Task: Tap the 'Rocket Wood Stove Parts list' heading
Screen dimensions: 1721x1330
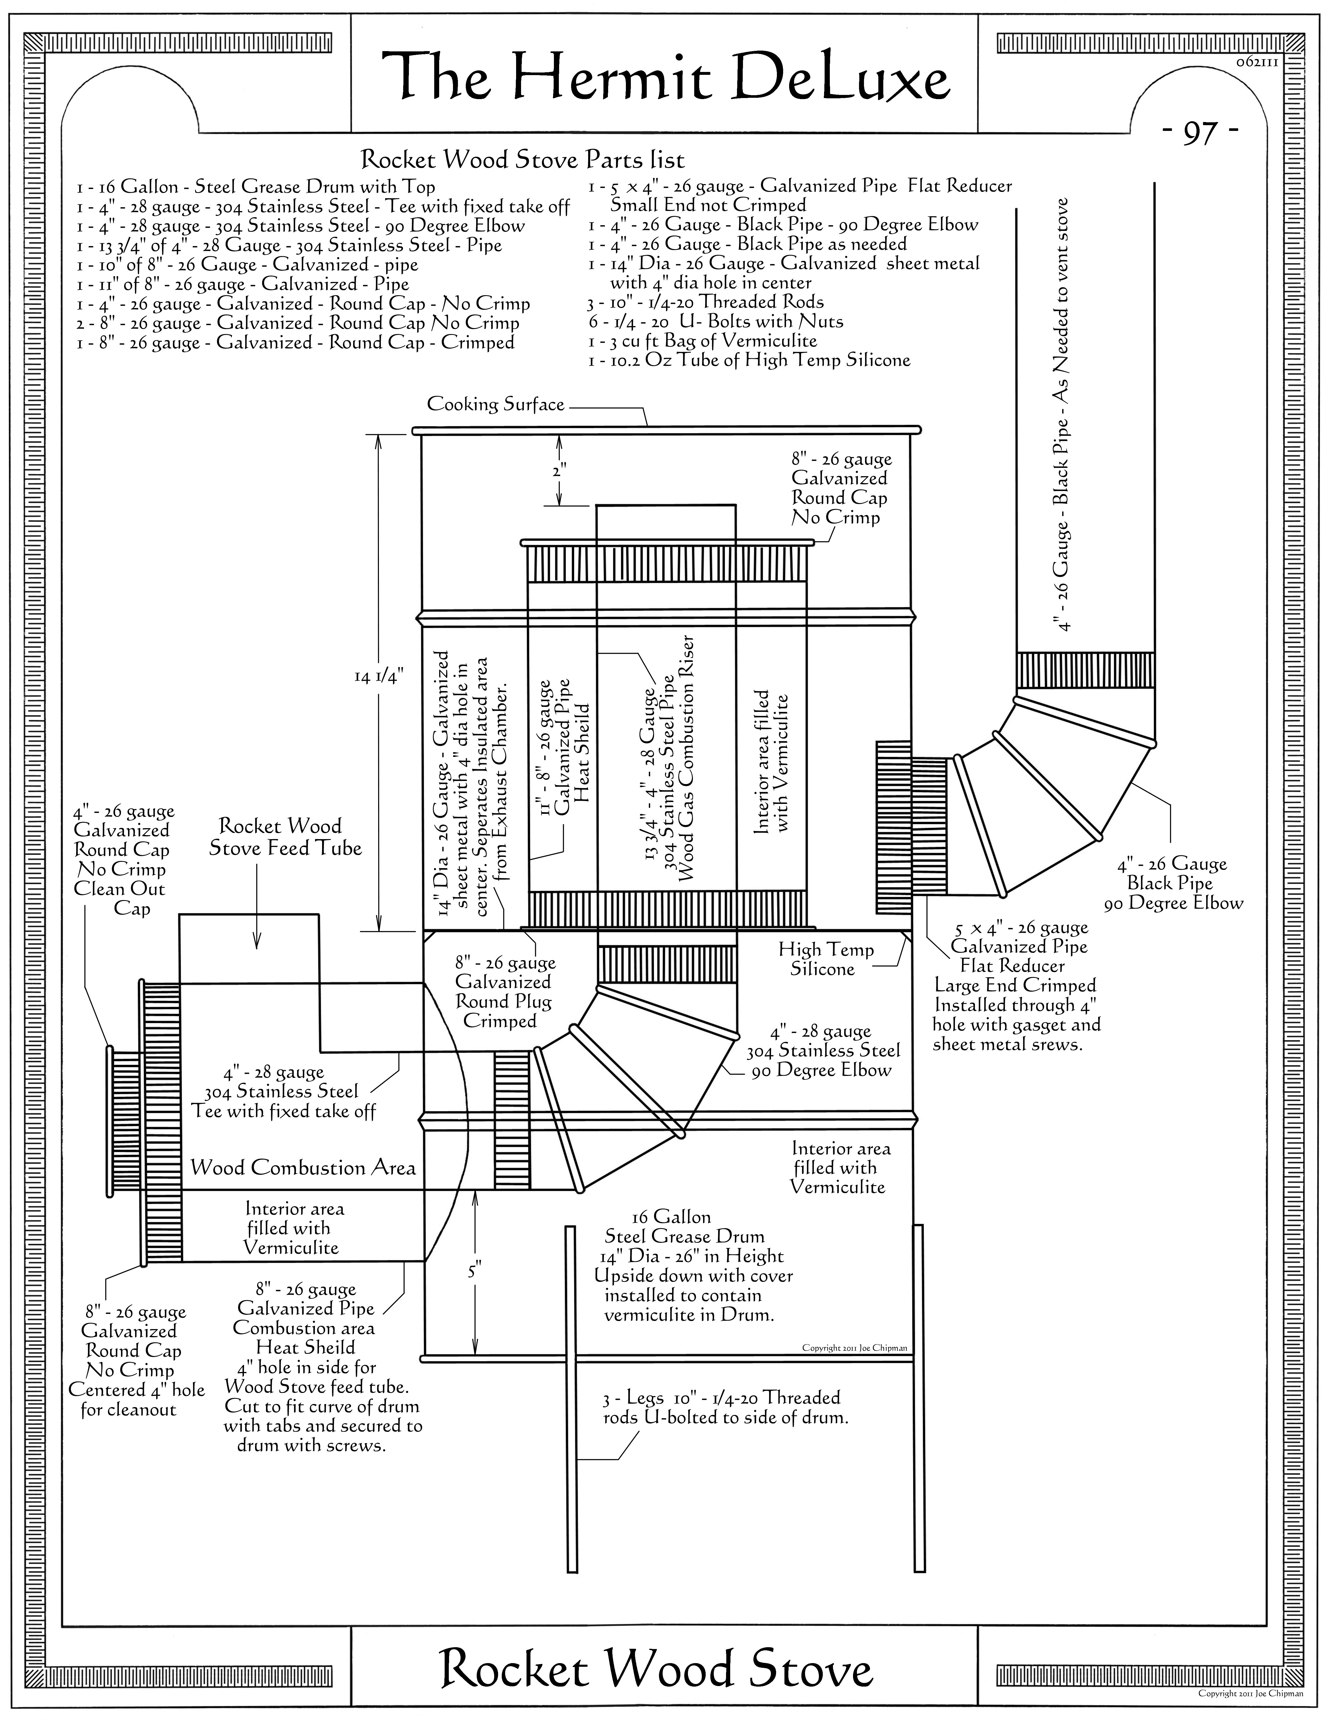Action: click(522, 160)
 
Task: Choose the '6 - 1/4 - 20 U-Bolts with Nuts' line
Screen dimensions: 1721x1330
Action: click(715, 322)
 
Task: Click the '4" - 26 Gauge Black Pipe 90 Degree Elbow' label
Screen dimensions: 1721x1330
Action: click(1173, 883)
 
